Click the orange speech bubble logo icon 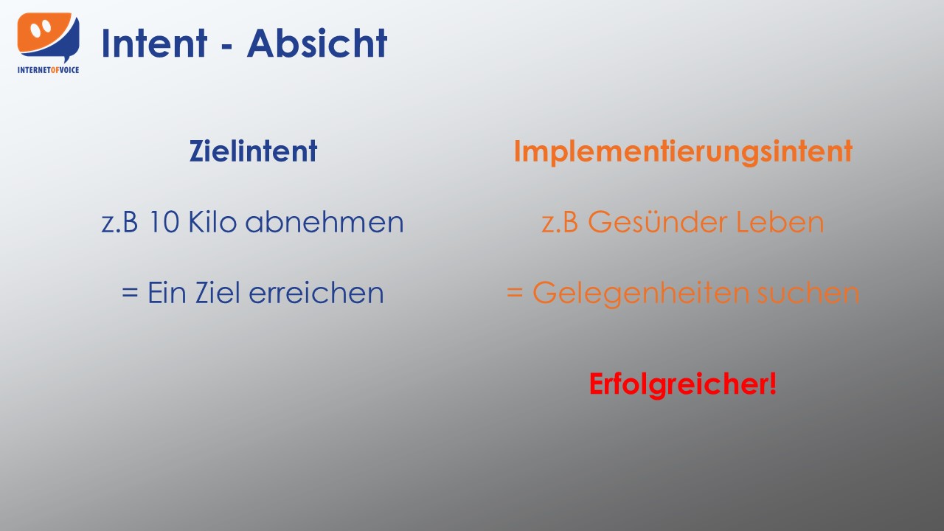coord(48,37)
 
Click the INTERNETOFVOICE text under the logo coord(48,70)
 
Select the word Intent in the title coord(154,43)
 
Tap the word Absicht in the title coord(317,43)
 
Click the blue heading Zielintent coord(253,151)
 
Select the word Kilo coord(212,221)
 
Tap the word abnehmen coord(324,221)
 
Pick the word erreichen coord(316,292)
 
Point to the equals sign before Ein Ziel coord(130,293)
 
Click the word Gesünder coord(657,222)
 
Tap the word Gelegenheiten coord(641,294)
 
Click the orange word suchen coord(808,293)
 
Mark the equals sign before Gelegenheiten coord(515,293)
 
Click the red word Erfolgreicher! coord(683,384)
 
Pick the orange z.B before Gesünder coord(560,222)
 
